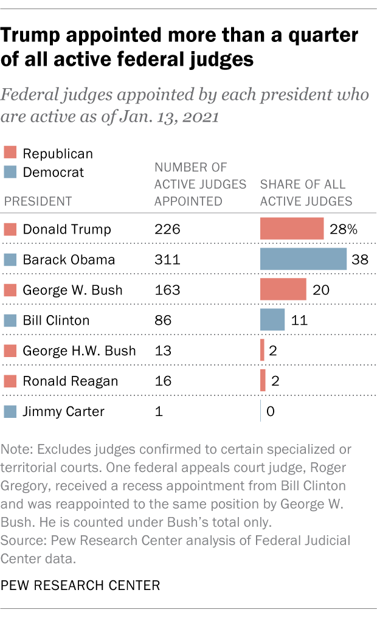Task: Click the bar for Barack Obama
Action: coord(303,259)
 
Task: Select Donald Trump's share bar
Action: coord(291,229)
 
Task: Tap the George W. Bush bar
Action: coord(283,290)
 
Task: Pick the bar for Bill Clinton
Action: coord(272,320)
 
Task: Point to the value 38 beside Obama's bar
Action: coord(360,259)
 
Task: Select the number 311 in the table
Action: coord(167,260)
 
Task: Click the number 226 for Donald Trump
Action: coord(167,229)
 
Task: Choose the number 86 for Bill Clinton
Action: coord(163,321)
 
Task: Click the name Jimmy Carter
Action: coord(63,412)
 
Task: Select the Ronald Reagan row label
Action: coord(70,381)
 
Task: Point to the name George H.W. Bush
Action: coord(79,351)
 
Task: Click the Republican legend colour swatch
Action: coord(10,154)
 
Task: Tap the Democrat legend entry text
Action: coord(54,172)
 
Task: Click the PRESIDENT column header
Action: coord(38,201)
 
